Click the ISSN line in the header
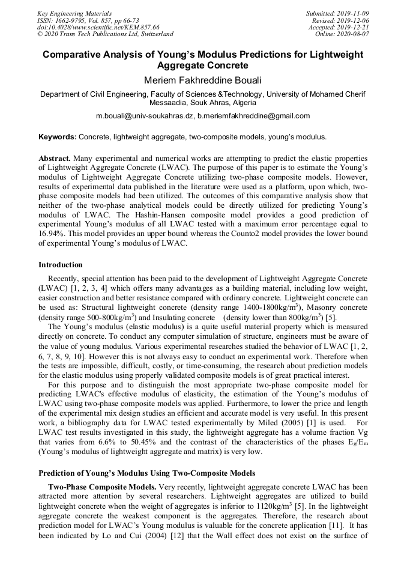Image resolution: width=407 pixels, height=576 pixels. point(88,20)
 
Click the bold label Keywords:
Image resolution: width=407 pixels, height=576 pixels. point(58,137)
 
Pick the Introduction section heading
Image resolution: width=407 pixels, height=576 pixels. point(61,264)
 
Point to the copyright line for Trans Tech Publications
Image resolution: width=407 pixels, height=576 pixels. point(105,34)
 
